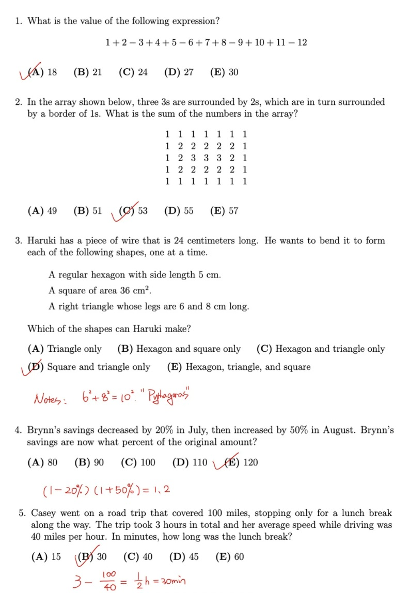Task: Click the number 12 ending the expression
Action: click(x=302, y=42)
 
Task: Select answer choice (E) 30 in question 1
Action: click(x=224, y=72)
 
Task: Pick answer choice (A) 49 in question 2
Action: click(x=42, y=211)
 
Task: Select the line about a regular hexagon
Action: click(x=134, y=275)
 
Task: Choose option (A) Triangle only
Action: click(x=65, y=349)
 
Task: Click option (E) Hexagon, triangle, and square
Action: click(x=239, y=367)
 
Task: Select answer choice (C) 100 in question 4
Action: click(x=138, y=462)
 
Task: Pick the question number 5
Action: click(x=22, y=513)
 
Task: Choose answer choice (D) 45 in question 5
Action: click(x=184, y=557)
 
